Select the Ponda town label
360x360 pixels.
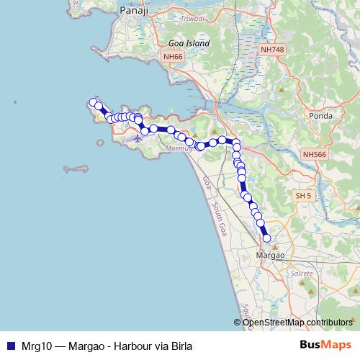coord(318,115)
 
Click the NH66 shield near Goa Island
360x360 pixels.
coord(173,56)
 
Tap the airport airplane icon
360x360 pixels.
coord(137,138)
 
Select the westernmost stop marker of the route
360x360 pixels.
coord(91,102)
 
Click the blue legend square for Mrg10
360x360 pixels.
coord(11,346)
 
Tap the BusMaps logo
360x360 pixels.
coord(326,346)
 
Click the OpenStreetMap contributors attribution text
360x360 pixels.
coord(297,322)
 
